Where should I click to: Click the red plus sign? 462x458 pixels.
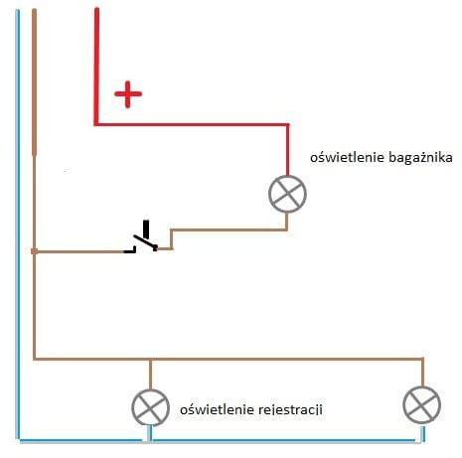point(128,94)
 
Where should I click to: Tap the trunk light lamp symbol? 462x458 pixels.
point(287,194)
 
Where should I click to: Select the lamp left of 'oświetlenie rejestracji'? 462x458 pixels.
point(150,407)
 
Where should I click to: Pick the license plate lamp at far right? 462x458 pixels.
point(422,404)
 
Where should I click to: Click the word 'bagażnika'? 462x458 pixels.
point(420,158)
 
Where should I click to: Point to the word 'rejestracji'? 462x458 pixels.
point(290,409)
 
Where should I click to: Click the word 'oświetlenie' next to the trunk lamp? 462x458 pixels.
point(347,157)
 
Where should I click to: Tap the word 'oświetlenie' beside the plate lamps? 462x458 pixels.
point(217,409)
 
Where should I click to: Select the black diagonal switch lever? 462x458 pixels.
point(145,241)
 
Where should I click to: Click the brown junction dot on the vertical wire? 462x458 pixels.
point(34,251)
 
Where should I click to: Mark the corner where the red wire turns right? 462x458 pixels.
point(96,124)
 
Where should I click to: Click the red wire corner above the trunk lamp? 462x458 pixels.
point(287,125)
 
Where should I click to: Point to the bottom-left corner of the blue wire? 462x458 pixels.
point(18,440)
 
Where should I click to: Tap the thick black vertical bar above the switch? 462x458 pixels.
point(146,229)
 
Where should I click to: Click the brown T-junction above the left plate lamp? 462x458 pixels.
point(150,359)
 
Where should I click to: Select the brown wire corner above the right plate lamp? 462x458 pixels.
point(423,359)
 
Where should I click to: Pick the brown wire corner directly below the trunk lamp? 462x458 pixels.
point(287,229)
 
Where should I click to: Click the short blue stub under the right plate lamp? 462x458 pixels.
point(422,434)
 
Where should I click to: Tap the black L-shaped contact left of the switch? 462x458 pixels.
point(130,250)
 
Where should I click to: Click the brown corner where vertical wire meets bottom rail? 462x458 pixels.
point(35,359)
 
